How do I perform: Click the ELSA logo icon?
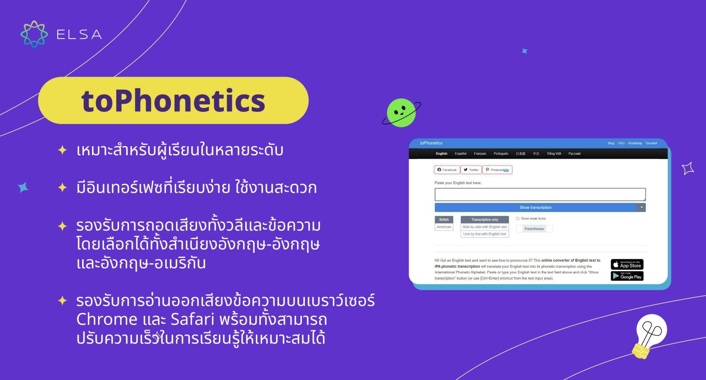pyautogui.click(x=34, y=34)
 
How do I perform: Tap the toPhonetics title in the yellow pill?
pyautogui.click(x=173, y=100)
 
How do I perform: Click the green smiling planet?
pyautogui.click(x=401, y=113)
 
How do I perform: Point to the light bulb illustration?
pyautogui.click(x=649, y=335)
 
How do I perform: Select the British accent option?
pyautogui.click(x=444, y=220)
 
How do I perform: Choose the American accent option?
pyautogui.click(x=444, y=227)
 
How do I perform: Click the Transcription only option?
pyautogui.click(x=484, y=220)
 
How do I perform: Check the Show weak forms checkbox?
pyautogui.click(x=517, y=218)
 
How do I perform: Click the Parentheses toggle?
pyautogui.click(x=534, y=229)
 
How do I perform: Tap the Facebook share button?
pyautogui.click(x=447, y=170)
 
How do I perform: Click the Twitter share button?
pyautogui.click(x=471, y=170)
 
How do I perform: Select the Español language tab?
pyautogui.click(x=460, y=154)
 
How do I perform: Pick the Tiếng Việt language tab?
pyautogui.click(x=554, y=154)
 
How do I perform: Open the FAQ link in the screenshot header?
pyautogui.click(x=621, y=143)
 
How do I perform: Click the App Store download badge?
pyautogui.click(x=627, y=264)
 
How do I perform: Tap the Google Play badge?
pyautogui.click(x=627, y=276)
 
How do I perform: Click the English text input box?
pyautogui.click(x=539, y=194)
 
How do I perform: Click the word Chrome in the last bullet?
pyautogui.click(x=107, y=319)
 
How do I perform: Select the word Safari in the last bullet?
pyautogui.click(x=192, y=319)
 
